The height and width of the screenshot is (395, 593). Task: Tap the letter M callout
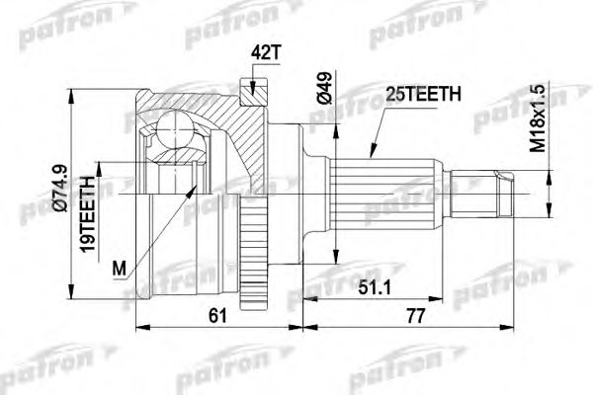coord(120,268)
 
